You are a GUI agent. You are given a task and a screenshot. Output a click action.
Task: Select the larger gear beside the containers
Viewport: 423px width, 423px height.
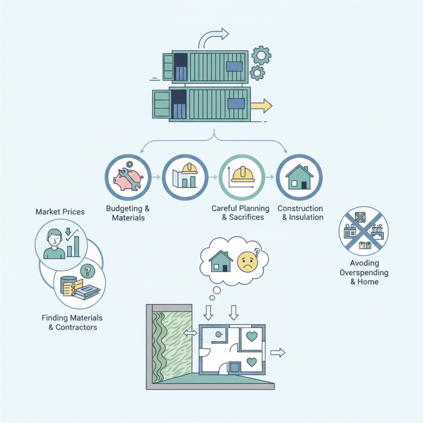(261, 55)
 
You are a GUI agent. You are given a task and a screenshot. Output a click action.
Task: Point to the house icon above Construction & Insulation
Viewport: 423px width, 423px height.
(299, 177)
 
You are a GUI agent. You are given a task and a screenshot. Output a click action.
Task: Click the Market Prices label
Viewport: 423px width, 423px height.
(60, 212)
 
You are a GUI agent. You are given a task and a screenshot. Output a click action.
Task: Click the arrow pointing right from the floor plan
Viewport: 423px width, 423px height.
(278, 353)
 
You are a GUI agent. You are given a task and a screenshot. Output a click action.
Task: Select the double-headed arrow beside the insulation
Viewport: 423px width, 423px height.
(189, 333)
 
